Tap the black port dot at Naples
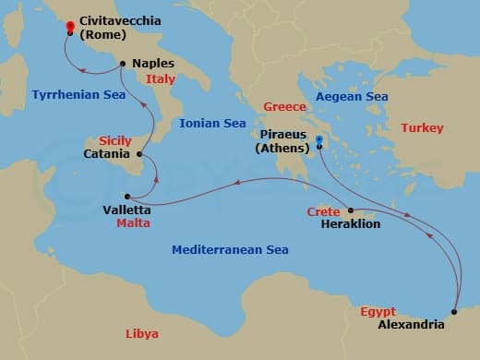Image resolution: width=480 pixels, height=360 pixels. click(x=121, y=64)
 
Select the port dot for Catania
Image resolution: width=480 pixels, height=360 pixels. click(x=138, y=154)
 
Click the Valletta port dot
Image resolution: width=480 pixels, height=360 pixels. click(x=127, y=196)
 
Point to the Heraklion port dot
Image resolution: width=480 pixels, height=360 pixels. click(x=350, y=210)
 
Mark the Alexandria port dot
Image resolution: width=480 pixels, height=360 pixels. click(x=454, y=311)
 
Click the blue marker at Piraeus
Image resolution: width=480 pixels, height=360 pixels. click(x=318, y=140)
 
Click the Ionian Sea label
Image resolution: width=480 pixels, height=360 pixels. click(x=212, y=123)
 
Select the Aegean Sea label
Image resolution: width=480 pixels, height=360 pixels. click(x=351, y=96)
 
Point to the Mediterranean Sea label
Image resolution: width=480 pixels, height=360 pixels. click(x=231, y=250)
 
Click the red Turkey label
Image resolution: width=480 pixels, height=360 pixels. click(x=422, y=127)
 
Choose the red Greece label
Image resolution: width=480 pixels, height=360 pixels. click(x=284, y=107)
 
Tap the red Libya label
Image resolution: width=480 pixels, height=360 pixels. click(x=142, y=333)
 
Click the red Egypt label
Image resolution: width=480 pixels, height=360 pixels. click(x=378, y=312)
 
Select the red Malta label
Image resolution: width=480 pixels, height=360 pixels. click(x=134, y=223)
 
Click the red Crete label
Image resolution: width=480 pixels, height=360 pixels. click(x=321, y=211)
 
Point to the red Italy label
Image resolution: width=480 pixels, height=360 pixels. click(x=161, y=80)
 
